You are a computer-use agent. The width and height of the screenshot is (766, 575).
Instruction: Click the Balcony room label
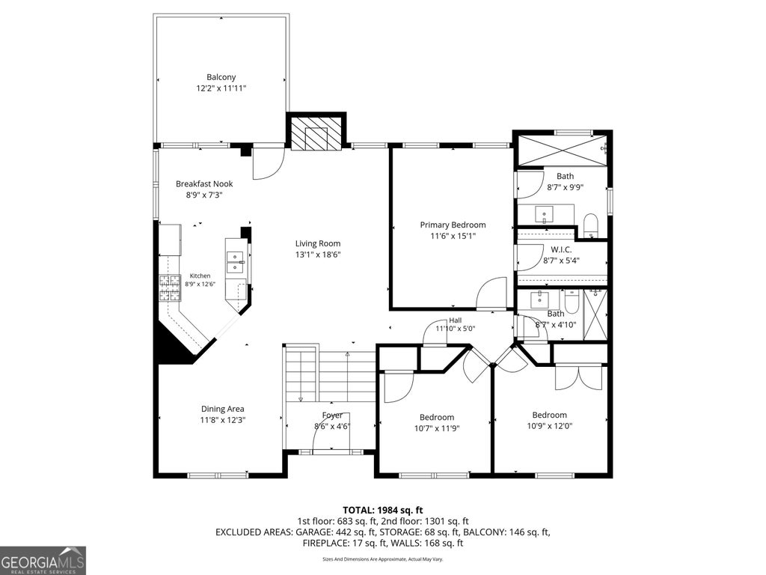tap(221, 77)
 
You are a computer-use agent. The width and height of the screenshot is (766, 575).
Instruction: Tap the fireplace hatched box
tap(316, 133)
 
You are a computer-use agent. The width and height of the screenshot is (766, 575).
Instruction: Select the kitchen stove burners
tap(171, 288)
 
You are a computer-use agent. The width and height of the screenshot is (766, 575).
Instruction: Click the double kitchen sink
tap(236, 262)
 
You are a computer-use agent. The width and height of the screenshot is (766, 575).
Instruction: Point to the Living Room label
tap(317, 243)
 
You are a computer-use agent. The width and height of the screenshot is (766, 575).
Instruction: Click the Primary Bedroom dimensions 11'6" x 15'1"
tap(453, 236)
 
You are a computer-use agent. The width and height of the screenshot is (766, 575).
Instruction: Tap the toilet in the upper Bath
tap(591, 225)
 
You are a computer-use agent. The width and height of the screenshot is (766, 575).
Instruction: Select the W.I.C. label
tap(561, 249)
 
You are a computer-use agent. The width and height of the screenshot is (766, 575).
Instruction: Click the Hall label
tap(456, 320)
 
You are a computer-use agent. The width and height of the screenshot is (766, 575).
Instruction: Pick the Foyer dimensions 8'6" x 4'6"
tap(332, 426)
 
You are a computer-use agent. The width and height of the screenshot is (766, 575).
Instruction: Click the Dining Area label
tap(223, 409)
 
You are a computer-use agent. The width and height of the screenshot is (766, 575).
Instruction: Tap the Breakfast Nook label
tap(204, 184)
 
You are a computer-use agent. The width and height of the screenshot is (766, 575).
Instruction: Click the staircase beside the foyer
tap(330, 374)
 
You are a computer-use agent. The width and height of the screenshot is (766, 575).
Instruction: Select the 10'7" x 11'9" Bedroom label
tap(437, 417)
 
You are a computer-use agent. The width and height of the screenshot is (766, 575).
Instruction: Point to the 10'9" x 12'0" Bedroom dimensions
tap(550, 426)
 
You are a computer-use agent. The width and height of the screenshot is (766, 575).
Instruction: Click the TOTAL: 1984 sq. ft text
tap(382, 511)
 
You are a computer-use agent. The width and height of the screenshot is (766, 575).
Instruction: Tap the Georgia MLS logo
tap(43, 560)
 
